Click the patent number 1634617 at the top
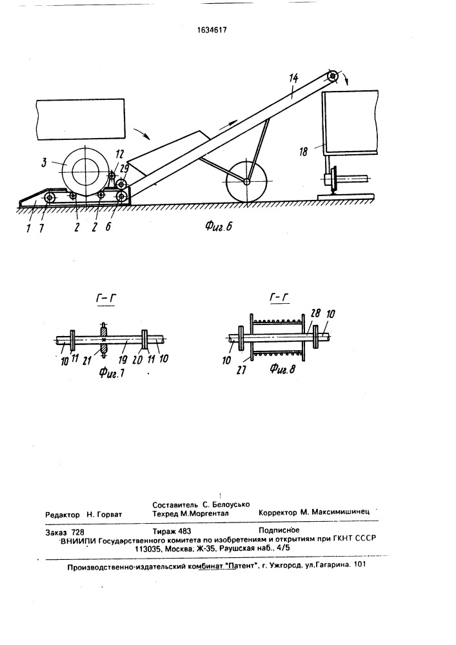[x=212, y=30]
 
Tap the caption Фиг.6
[x=219, y=225]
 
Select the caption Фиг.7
[x=111, y=373]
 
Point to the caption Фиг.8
[x=283, y=369]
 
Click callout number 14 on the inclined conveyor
[x=293, y=78]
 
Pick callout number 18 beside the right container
[x=303, y=152]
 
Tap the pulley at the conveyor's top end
[x=332, y=77]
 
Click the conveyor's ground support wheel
[x=246, y=181]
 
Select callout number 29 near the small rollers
[x=124, y=168]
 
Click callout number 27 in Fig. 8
[x=241, y=370]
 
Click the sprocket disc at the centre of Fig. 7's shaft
[x=104, y=340]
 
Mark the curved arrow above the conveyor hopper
[x=142, y=134]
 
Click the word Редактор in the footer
[x=63, y=515]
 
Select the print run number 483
[x=183, y=531]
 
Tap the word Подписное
[x=279, y=530]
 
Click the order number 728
[x=77, y=532]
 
